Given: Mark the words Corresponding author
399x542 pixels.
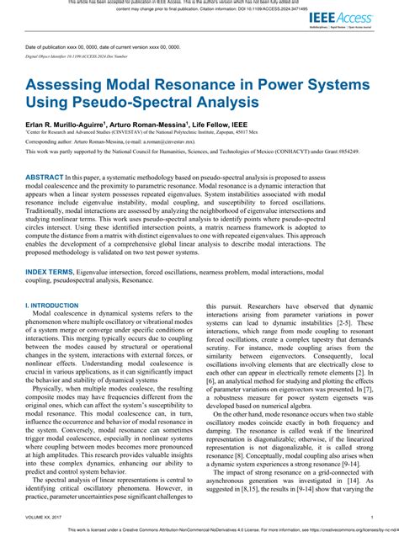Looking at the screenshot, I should pos(50,144).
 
